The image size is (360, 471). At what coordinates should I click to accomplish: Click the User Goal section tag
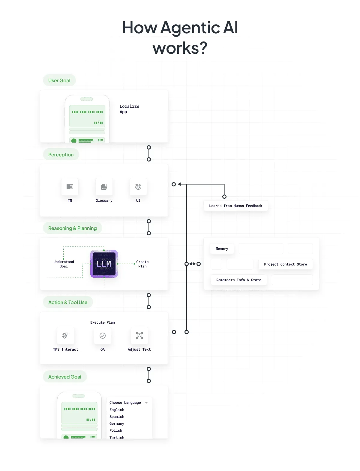(x=59, y=80)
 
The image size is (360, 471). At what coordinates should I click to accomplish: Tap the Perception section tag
(x=61, y=155)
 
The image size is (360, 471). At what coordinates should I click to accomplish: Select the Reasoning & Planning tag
(x=72, y=228)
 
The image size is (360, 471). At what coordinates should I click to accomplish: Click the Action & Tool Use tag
(x=68, y=302)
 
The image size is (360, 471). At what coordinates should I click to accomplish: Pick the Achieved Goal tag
(x=65, y=377)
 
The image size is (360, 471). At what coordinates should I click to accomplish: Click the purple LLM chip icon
(x=104, y=264)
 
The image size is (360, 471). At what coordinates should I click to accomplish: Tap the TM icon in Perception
(x=70, y=187)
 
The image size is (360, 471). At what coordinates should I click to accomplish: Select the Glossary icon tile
(x=104, y=187)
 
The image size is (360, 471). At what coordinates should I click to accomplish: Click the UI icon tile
(x=138, y=187)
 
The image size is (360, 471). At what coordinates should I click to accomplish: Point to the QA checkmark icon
(x=103, y=336)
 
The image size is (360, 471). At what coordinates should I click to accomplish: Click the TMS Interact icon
(x=66, y=336)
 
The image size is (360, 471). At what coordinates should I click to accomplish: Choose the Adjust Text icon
(x=139, y=336)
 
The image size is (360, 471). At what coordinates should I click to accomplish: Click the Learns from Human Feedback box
(x=235, y=206)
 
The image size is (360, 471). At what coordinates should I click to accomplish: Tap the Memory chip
(x=222, y=249)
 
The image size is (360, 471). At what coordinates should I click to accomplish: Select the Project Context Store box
(x=285, y=264)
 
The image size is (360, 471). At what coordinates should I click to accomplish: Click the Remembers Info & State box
(x=238, y=280)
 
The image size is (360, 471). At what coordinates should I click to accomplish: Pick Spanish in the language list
(x=117, y=417)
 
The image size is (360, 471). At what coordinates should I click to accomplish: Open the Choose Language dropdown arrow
(x=146, y=403)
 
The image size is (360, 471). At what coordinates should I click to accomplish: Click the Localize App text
(x=129, y=109)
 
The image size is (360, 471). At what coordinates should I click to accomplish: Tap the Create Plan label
(x=142, y=264)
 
